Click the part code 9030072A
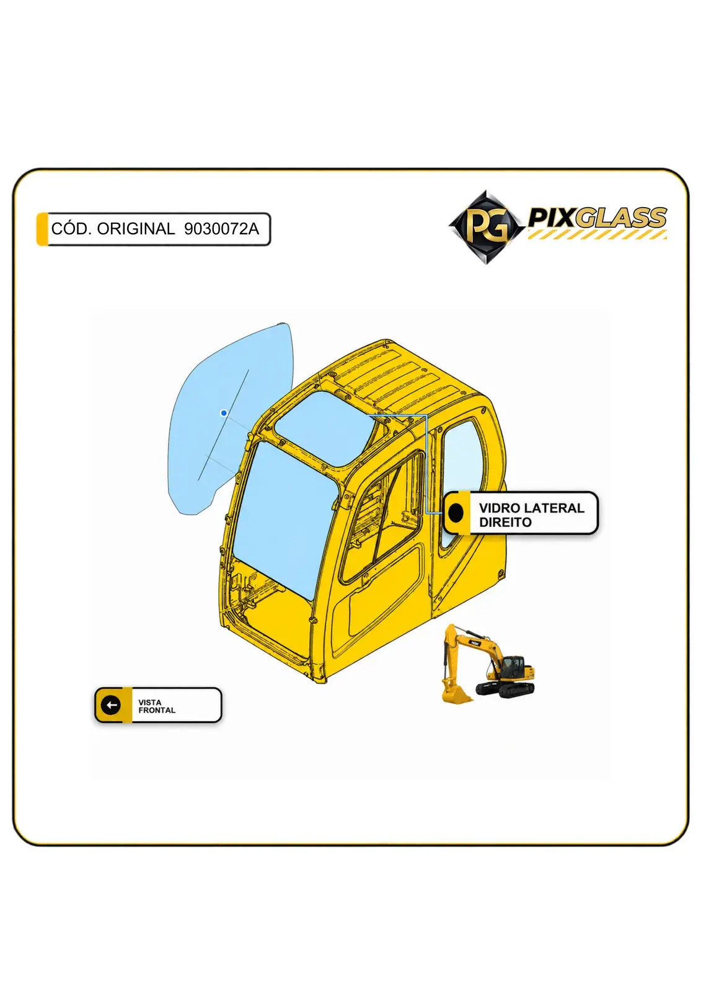pyautogui.click(x=221, y=229)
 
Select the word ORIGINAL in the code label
pyautogui.click(x=136, y=229)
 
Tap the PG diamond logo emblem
pyautogui.click(x=487, y=227)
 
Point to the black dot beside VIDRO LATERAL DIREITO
pyautogui.click(x=456, y=512)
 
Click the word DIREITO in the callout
pyautogui.click(x=505, y=522)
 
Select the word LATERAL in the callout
pyautogui.click(x=555, y=508)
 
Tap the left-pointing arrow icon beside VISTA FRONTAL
pyautogui.click(x=111, y=704)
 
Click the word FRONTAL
pyautogui.click(x=157, y=710)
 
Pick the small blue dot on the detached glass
pyautogui.click(x=224, y=413)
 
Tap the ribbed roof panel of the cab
pyautogui.click(x=394, y=376)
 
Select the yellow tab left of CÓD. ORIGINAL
pyautogui.click(x=42, y=229)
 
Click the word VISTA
pyautogui.click(x=149, y=702)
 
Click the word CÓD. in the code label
pyautogui.click(x=69, y=229)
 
